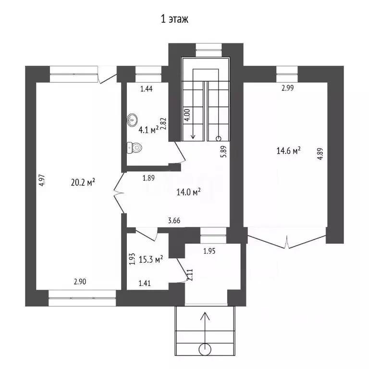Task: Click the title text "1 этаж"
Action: pyautogui.click(x=174, y=19)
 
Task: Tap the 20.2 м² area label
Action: pyautogui.click(x=83, y=182)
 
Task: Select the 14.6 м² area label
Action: pyautogui.click(x=288, y=150)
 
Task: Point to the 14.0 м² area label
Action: pyautogui.click(x=188, y=192)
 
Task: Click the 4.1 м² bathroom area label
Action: pyautogui.click(x=148, y=130)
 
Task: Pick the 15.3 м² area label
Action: pyautogui.click(x=151, y=259)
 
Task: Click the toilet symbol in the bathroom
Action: pyautogui.click(x=135, y=148)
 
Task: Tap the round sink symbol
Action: pyautogui.click(x=132, y=120)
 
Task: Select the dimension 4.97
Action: pyautogui.click(x=42, y=180)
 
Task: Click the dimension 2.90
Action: pyautogui.click(x=80, y=282)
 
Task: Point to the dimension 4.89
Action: pyautogui.click(x=320, y=154)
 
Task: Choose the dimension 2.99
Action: pyautogui.click(x=288, y=88)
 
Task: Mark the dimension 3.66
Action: pyautogui.click(x=174, y=221)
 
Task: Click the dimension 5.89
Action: pyautogui.click(x=223, y=151)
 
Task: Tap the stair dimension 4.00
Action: pyautogui.click(x=187, y=115)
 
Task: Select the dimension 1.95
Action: pyautogui.click(x=209, y=251)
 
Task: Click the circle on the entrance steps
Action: pyautogui.click(x=205, y=350)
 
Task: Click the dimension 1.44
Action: pyautogui.click(x=147, y=89)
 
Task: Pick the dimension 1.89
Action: pyautogui.click(x=148, y=178)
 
